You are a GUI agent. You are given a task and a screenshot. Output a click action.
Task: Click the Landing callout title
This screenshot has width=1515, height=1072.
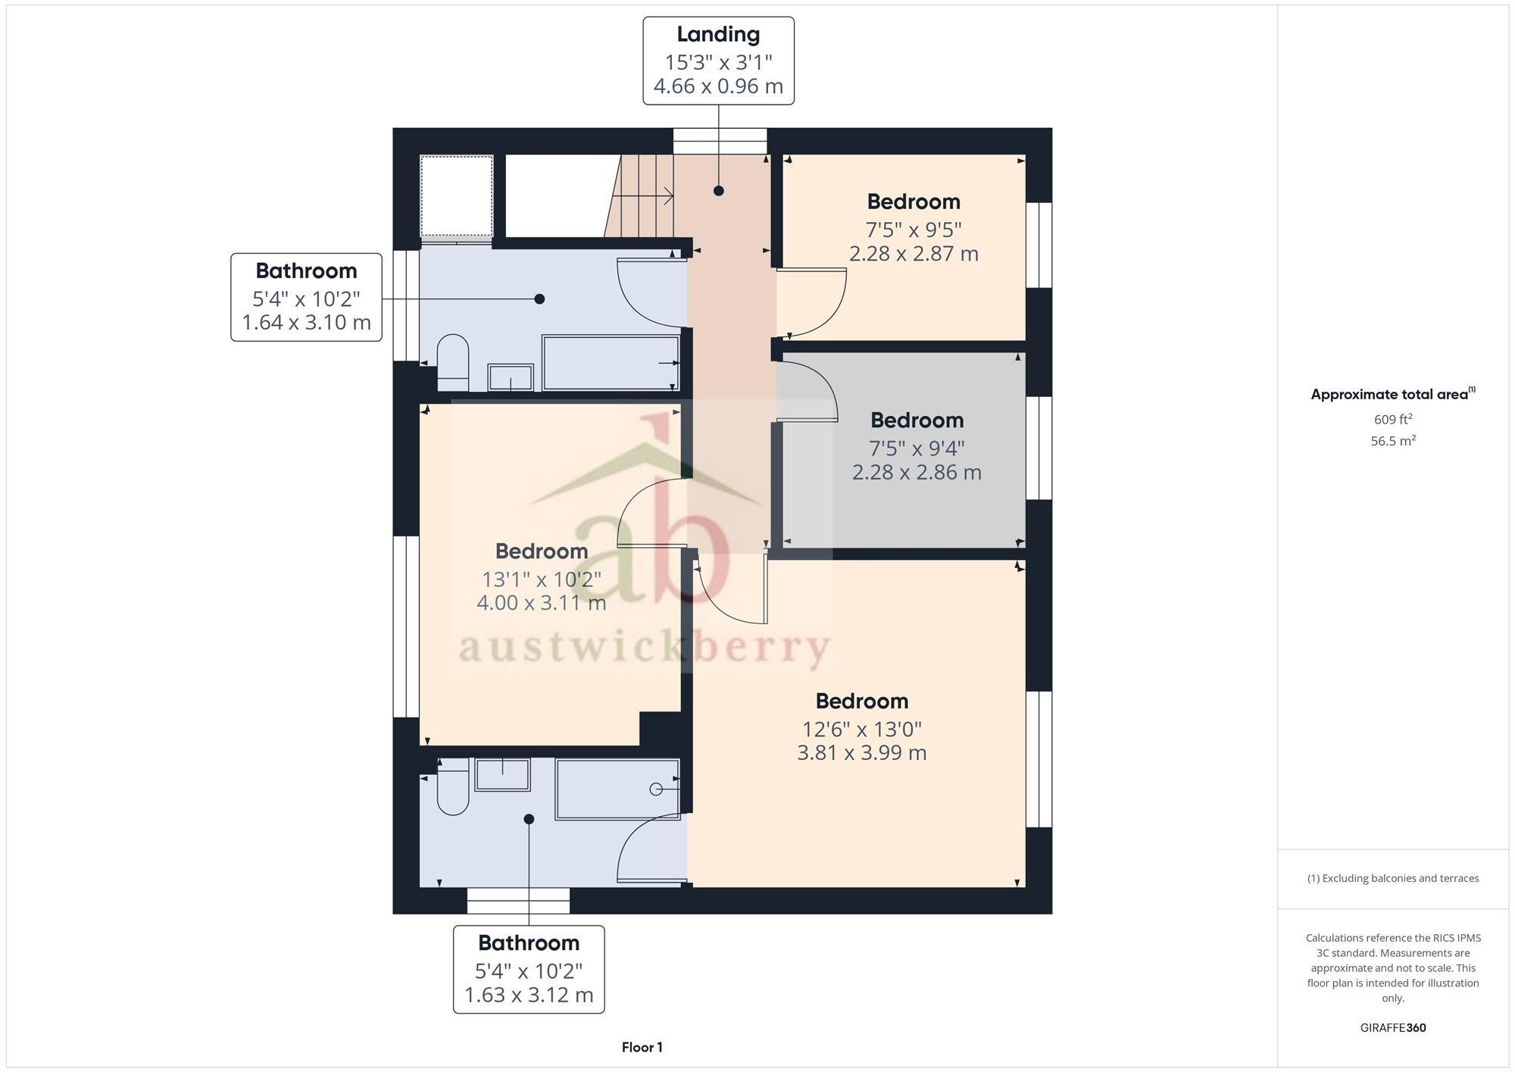click(x=718, y=35)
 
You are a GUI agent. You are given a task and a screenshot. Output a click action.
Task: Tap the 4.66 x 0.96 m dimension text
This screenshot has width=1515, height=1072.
click(x=718, y=86)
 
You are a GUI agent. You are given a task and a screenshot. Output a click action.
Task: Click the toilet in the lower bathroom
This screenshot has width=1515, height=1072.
click(x=453, y=790)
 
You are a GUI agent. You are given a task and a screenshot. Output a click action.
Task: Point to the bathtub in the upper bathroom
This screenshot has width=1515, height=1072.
click(x=611, y=362)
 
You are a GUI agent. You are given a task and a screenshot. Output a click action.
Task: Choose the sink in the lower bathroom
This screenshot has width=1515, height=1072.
click(x=502, y=775)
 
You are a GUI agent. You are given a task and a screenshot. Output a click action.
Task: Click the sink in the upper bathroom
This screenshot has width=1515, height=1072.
click(x=511, y=377)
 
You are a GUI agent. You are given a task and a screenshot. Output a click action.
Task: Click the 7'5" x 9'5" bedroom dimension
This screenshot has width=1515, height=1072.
click(x=914, y=229)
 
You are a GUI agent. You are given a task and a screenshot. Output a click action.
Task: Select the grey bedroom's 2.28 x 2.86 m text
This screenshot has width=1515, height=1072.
click(x=917, y=473)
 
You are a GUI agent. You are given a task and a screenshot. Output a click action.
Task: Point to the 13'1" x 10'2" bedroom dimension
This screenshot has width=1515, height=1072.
click(x=542, y=580)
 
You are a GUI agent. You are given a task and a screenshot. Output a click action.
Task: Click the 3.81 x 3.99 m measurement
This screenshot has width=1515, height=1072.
click(x=862, y=753)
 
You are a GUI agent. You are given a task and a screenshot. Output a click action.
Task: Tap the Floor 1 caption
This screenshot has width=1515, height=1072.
click(x=642, y=1048)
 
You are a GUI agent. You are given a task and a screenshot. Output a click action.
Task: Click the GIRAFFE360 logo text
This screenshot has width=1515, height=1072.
click(x=1393, y=1028)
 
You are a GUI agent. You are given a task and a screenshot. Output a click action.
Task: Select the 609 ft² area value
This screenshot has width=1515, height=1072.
click(x=1393, y=420)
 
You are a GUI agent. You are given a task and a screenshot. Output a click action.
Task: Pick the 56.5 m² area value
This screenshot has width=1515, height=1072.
click(x=1393, y=441)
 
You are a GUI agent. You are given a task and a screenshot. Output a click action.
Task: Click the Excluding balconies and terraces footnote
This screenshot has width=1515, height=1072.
click(x=1393, y=879)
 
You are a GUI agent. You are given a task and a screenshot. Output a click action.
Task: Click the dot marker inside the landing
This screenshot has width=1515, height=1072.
click(x=718, y=191)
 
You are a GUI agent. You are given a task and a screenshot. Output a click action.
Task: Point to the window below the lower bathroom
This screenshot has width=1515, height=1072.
click(x=518, y=901)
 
